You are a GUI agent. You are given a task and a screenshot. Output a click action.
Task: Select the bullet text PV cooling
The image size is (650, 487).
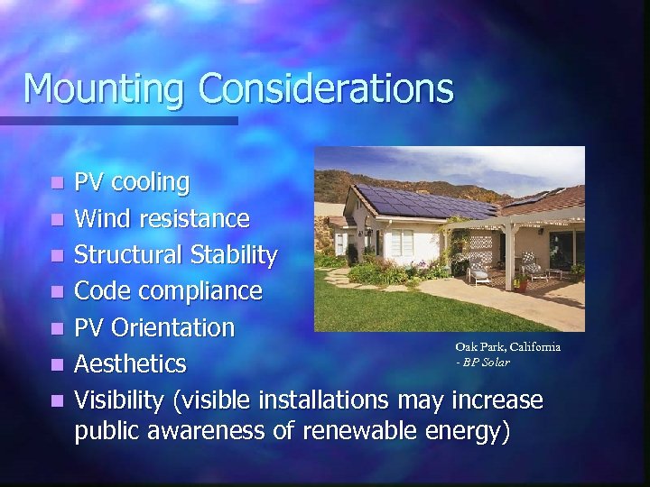point(132,183)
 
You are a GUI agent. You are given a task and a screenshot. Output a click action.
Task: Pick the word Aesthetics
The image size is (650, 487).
point(130,363)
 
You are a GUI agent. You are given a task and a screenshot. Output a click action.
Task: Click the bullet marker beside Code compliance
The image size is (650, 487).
point(57,292)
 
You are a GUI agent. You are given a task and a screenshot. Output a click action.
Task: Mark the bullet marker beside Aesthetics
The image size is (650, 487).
point(57,364)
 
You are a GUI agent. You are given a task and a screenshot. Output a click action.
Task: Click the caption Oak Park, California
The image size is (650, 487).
point(507,346)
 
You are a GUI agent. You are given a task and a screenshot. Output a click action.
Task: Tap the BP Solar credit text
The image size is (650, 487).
point(483,362)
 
